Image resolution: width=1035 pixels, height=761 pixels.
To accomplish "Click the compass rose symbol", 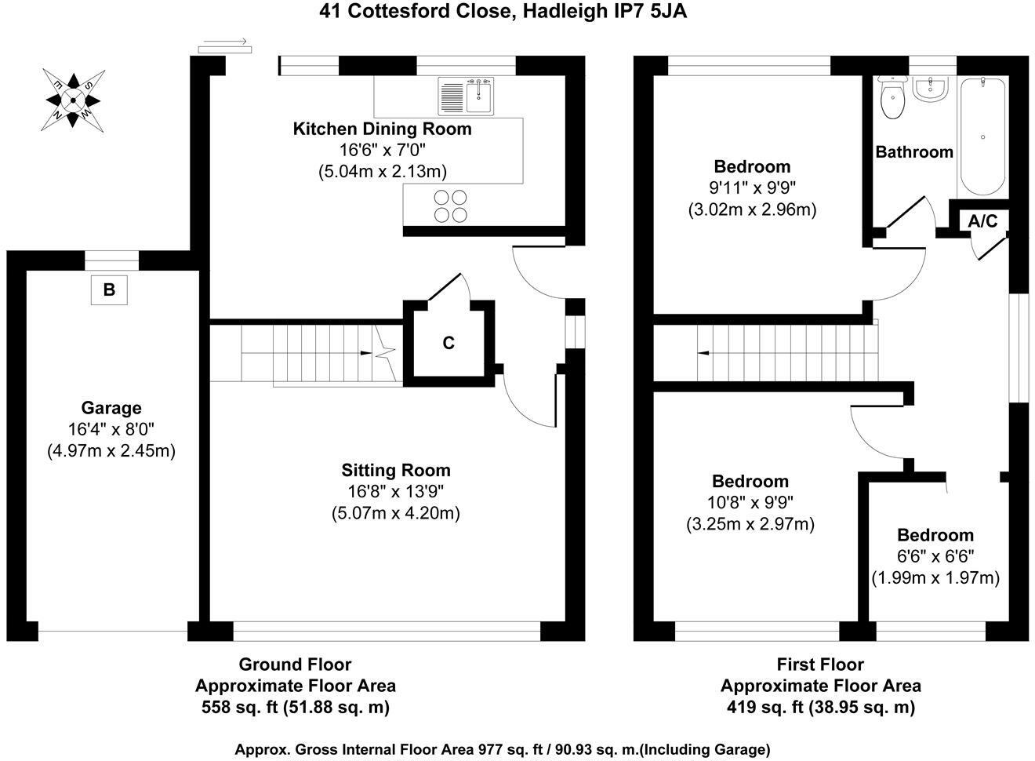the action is [73, 100].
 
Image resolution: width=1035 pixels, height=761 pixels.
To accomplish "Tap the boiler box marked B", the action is [109, 289].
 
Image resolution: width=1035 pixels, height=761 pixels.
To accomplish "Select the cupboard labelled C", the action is [448, 343].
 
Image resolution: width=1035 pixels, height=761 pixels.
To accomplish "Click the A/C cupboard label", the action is [982, 221].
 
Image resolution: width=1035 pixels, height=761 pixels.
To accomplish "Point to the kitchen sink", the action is [466, 96].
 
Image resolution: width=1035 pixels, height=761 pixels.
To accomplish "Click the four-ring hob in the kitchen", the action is [451, 206].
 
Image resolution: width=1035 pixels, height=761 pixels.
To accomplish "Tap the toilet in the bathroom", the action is [892, 97].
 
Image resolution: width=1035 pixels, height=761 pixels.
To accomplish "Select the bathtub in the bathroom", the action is [982, 137].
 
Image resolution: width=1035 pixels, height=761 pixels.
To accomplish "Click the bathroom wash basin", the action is [931, 89].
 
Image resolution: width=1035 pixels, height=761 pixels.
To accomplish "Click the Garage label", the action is [111, 408].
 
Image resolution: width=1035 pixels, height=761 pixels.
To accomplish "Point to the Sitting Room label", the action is [396, 470].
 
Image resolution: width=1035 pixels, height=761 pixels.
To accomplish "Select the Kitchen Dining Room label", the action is [382, 129].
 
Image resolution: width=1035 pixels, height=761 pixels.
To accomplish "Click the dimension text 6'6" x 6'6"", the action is [935, 556].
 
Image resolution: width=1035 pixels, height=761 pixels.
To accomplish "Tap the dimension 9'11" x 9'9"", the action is [752, 188].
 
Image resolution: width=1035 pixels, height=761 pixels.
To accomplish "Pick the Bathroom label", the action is [914, 152].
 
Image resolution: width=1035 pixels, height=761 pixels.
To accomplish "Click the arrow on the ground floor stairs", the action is [366, 353].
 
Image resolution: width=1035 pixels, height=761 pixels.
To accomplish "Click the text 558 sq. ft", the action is [239, 708].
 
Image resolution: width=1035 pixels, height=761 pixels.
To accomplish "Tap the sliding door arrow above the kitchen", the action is [225, 42].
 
